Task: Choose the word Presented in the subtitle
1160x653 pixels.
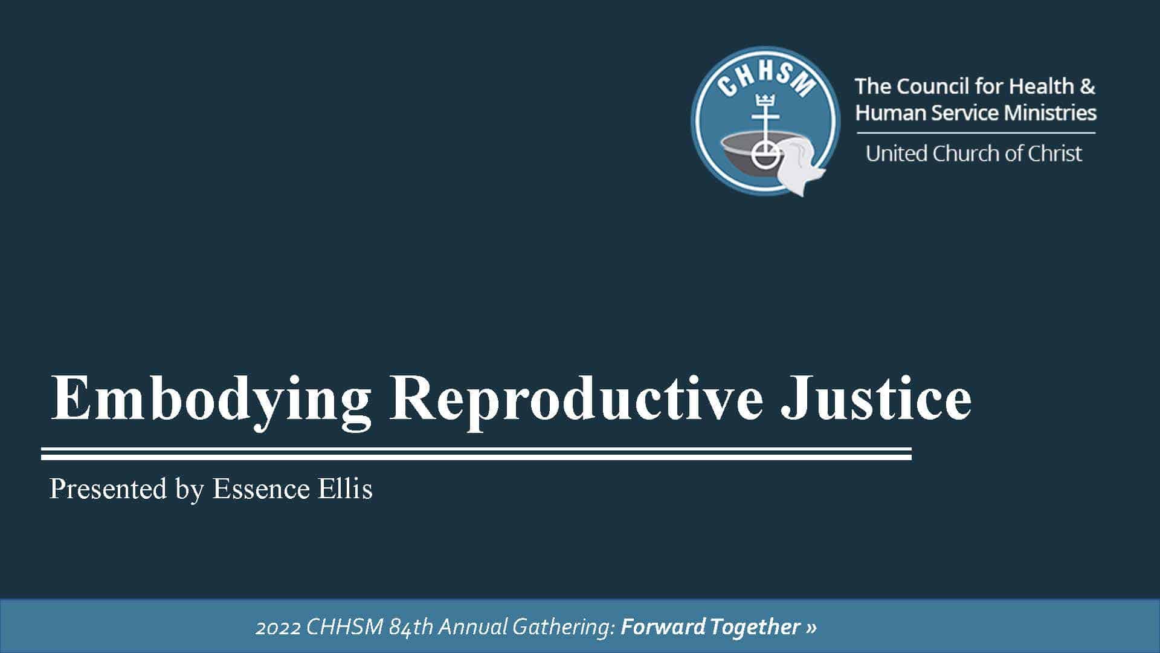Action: pyautogui.click(x=108, y=489)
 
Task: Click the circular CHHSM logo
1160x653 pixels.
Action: pyautogui.click(x=765, y=121)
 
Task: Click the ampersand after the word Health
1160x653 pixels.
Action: pyautogui.click(x=1087, y=86)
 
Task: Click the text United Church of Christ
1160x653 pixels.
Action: pyautogui.click(x=974, y=154)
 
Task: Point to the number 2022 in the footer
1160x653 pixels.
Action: pyautogui.click(x=278, y=627)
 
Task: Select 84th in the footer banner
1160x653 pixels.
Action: pyautogui.click(x=411, y=627)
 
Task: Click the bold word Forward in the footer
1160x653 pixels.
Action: pyautogui.click(x=663, y=627)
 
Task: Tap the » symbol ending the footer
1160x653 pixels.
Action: pyautogui.click(x=811, y=628)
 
